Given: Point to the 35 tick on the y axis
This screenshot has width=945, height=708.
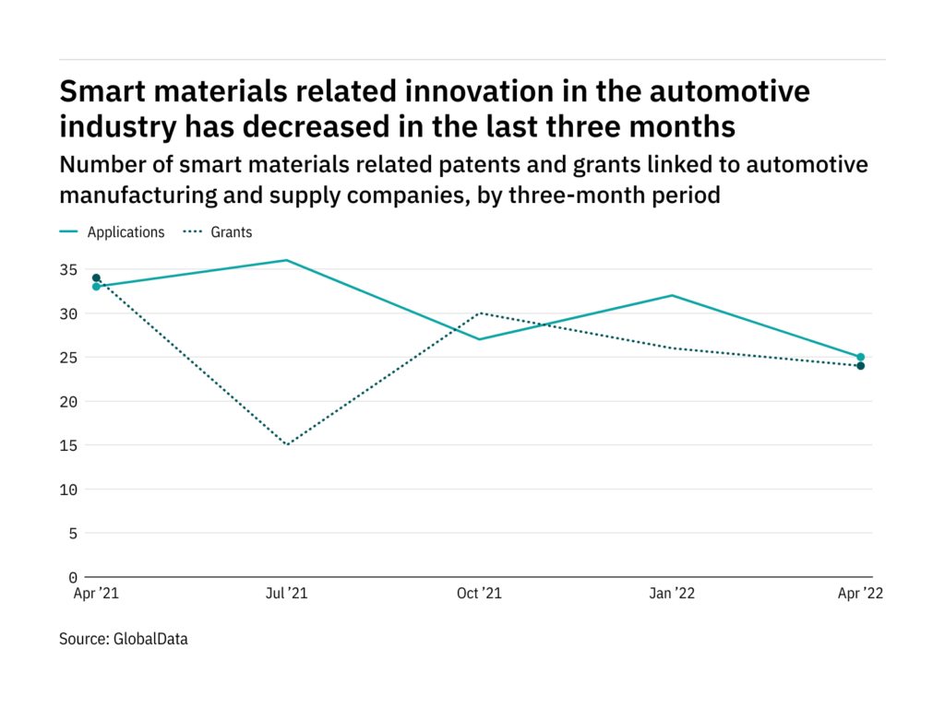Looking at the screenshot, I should coord(66,270).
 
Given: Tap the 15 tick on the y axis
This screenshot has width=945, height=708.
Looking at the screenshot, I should coord(66,445).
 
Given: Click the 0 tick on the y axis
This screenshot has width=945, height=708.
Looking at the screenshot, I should coord(71,577).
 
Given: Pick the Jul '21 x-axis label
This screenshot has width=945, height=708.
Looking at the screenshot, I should coord(287,595).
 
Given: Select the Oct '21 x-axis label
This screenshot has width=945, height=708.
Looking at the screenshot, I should coord(480,595).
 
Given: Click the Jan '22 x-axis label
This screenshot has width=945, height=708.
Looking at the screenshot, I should coord(672,595).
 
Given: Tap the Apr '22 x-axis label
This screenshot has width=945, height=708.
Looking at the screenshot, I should coord(859,595).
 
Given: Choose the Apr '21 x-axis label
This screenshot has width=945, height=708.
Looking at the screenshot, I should coord(96,595).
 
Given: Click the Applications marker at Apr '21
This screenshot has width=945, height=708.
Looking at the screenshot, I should coord(96,287).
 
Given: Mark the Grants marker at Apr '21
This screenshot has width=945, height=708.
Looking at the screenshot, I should coord(96,277).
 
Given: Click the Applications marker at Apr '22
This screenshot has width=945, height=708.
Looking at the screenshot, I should coord(860,357).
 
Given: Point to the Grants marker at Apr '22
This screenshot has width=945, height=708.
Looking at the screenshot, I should coord(860,366).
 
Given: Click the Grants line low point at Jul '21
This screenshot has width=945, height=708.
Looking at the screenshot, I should coord(287,445).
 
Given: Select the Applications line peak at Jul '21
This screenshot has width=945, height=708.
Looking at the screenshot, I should coord(287,260).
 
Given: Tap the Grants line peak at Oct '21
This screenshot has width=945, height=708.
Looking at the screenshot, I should coord(480,313).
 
